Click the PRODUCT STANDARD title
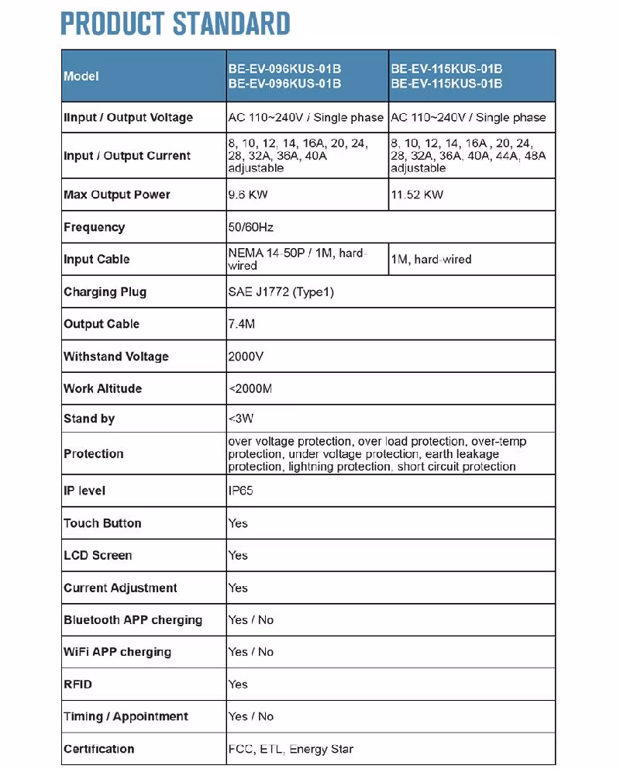point(175,24)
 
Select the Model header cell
point(81,76)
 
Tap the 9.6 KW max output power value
point(247,195)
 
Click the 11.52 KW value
point(417,195)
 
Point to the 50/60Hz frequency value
point(250,227)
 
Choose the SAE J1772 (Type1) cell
point(281,291)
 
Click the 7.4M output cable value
point(241,324)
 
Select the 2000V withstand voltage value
point(246,357)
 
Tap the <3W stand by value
point(241,419)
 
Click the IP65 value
point(240,491)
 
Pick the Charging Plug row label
point(105,291)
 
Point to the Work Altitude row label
point(102,388)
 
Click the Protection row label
point(93,453)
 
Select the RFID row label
point(77,685)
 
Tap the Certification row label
point(98,749)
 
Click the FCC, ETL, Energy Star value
point(291,749)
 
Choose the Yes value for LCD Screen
point(238,555)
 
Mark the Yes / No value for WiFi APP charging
point(250,652)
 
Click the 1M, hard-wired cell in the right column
point(431,260)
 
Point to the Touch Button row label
point(102,523)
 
